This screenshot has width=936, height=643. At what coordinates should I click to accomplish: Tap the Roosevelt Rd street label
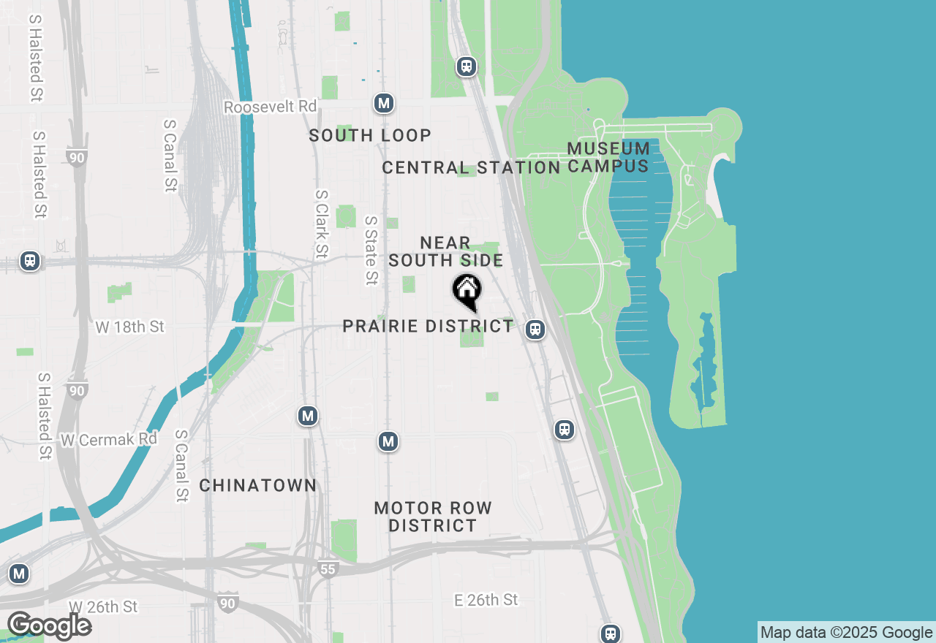click(x=270, y=107)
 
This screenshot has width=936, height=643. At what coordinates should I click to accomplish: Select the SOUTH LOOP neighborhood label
click(x=370, y=135)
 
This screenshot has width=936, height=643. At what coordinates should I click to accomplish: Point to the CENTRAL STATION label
click(x=471, y=167)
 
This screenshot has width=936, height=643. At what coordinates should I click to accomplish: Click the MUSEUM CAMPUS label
click(x=608, y=157)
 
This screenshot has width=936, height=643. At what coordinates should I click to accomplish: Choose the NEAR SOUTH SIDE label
click(x=445, y=251)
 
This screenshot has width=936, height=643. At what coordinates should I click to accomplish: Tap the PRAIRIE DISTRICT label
click(x=428, y=326)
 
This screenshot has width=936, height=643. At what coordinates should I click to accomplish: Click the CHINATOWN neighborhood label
click(x=258, y=485)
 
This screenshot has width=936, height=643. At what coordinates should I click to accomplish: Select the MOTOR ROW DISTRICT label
click(x=433, y=517)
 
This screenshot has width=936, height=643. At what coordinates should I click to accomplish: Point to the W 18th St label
click(x=130, y=327)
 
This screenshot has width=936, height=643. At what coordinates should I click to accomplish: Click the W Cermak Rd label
click(x=109, y=439)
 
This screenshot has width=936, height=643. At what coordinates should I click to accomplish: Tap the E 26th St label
click(x=486, y=600)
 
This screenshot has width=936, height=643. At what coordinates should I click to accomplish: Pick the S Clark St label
click(x=322, y=224)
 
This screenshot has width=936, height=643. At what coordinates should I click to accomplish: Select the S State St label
click(x=371, y=250)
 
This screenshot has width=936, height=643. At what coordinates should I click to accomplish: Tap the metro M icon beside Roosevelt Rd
click(x=384, y=103)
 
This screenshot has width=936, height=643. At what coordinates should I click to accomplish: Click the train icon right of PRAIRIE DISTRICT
click(x=536, y=330)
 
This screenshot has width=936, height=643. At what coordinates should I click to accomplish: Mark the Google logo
click(x=49, y=625)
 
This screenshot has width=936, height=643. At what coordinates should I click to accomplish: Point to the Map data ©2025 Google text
click(x=846, y=632)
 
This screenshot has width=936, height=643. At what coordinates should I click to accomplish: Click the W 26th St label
click(x=103, y=606)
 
